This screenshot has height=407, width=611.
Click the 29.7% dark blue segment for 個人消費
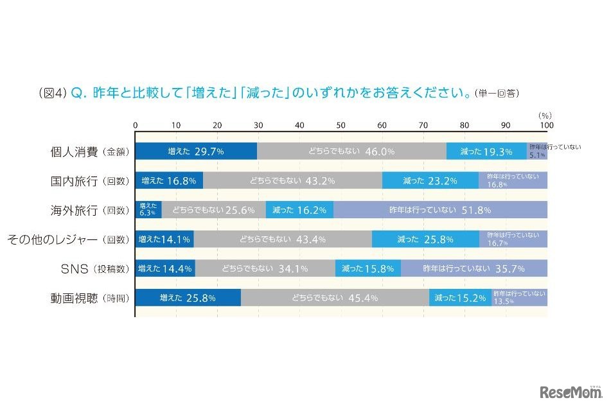(x=196, y=152)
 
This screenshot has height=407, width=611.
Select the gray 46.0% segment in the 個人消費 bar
(x=351, y=152)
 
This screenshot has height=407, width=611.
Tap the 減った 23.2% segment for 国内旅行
(x=430, y=181)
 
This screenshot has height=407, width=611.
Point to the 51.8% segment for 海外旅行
(x=440, y=210)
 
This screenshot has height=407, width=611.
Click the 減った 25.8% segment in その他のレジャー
(x=425, y=239)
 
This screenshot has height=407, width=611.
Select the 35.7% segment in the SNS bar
(x=474, y=268)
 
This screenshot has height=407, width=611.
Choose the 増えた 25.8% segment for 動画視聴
(x=188, y=298)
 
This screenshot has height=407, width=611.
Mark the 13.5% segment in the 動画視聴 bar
(x=520, y=298)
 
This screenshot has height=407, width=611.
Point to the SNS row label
(x=78, y=269)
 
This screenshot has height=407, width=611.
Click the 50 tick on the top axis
(x=341, y=125)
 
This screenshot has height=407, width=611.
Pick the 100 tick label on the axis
(x=546, y=125)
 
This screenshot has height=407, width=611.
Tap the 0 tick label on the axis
(x=136, y=125)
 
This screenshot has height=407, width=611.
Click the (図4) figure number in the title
(x=53, y=92)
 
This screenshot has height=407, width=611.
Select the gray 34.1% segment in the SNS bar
(x=265, y=268)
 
